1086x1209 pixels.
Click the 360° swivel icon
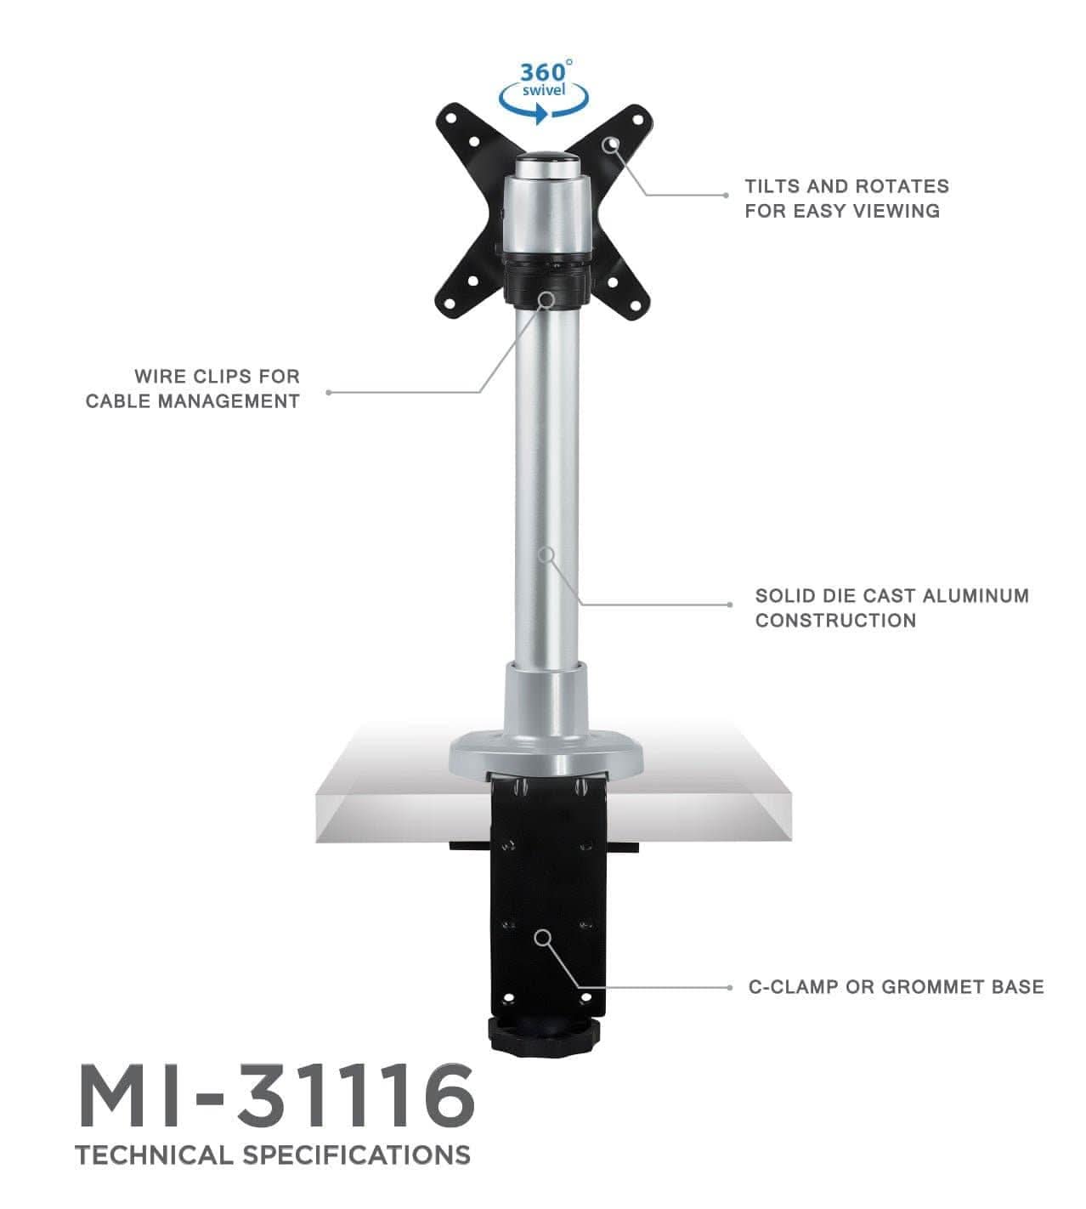[544, 92]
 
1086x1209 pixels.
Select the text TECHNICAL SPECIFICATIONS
[272, 1155]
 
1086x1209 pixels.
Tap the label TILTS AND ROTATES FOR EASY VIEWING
[846, 198]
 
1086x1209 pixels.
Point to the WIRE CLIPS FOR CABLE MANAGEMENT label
[193, 389]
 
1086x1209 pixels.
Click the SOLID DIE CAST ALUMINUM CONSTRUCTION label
[891, 608]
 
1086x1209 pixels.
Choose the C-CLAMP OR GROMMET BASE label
[896, 987]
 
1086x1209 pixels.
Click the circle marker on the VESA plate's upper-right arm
[610, 144]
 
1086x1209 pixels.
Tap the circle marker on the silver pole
[547, 554]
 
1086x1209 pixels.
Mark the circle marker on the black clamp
[542, 937]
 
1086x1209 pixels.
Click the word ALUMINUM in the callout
[976, 596]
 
